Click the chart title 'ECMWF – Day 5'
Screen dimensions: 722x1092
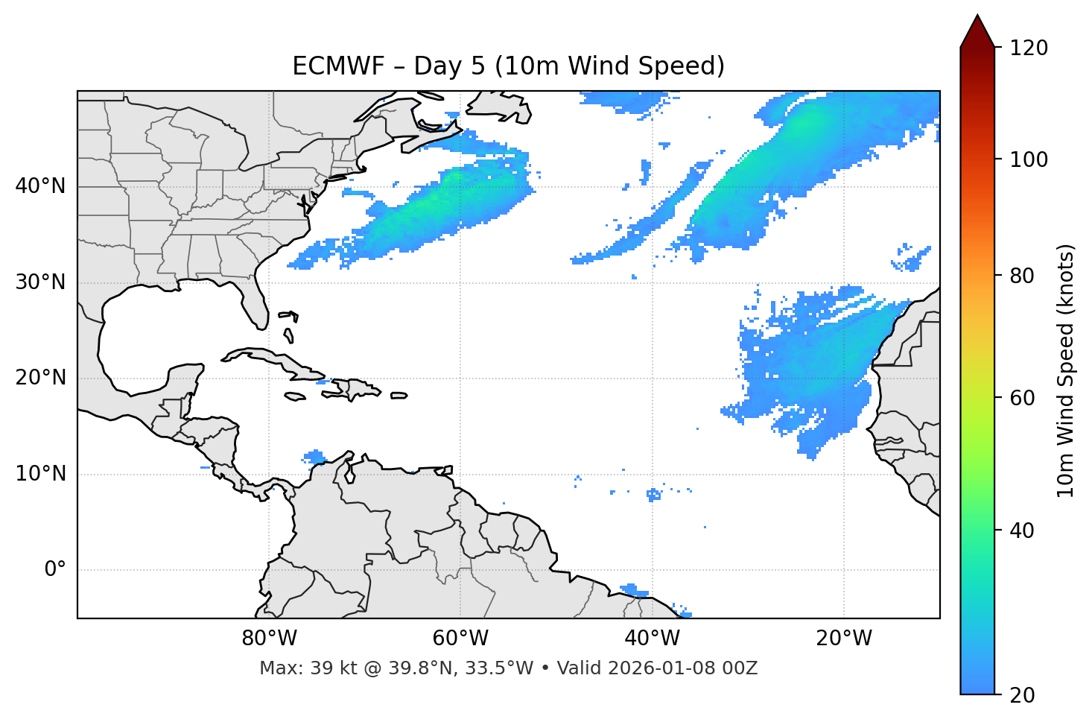[508, 66]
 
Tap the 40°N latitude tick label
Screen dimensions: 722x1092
[40, 186]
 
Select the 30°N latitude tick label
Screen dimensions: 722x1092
[40, 282]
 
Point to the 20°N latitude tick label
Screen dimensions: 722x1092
[40, 378]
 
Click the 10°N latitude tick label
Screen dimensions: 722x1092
[40, 474]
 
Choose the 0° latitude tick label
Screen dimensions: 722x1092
[54, 570]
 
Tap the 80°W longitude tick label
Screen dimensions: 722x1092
[269, 639]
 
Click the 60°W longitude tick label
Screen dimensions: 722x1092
[460, 639]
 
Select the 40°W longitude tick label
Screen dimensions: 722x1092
[652, 639]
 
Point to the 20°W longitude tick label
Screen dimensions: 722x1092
[843, 639]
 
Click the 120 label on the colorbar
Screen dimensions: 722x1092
[1029, 48]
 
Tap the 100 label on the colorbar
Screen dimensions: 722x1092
[1029, 159]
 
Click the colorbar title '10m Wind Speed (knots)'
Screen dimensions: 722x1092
[1066, 370]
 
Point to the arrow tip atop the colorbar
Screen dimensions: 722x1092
[977, 16]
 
